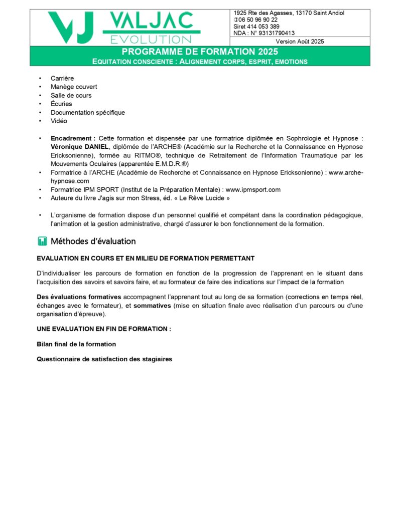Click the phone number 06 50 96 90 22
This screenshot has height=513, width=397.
tap(258, 20)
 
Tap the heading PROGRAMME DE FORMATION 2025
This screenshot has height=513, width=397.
tap(199, 52)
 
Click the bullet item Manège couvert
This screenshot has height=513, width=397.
tap(74, 87)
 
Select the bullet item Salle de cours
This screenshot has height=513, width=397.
tap(71, 95)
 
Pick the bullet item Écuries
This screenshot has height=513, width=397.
tap(61, 104)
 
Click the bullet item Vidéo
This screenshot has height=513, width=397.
tap(59, 121)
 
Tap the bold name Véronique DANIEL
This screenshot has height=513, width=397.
tap(79, 146)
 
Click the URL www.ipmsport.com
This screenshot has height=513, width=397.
tap(253, 189)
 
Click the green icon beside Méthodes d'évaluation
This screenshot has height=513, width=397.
tap(42, 241)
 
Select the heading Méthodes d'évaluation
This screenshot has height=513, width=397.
tap(93, 241)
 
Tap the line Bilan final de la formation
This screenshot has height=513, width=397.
tap(76, 344)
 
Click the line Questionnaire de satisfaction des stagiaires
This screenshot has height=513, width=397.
tap(104, 359)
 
